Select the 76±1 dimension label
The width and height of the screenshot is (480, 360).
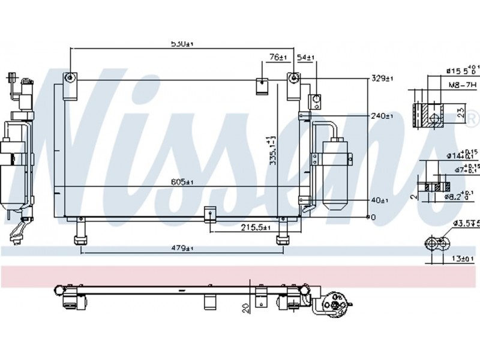(x=278, y=58)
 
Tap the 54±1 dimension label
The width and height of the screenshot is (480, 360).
(x=306, y=58)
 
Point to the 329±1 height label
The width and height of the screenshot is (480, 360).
(x=382, y=78)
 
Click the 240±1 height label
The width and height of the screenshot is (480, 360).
(x=382, y=116)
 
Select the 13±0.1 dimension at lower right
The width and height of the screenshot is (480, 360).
(x=463, y=259)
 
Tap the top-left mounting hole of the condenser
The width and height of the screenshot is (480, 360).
(x=71, y=79)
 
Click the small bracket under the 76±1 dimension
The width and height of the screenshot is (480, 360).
(x=263, y=86)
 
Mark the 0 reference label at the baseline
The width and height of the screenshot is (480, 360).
(x=373, y=217)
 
